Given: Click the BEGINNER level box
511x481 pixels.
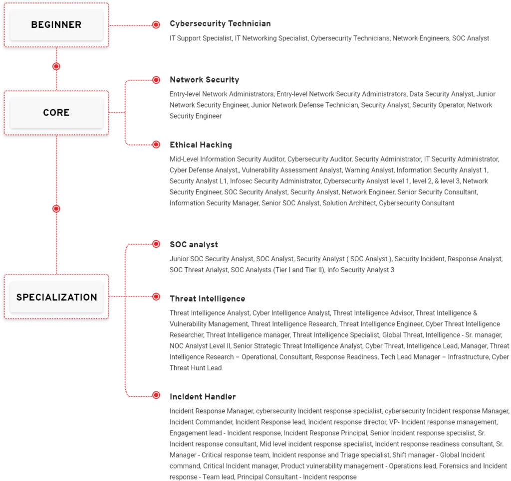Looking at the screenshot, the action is point(56,25).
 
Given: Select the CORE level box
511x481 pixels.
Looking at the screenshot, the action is point(56,113).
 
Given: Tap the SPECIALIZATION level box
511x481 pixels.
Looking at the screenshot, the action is point(56,297).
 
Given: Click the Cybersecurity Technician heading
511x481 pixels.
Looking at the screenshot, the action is point(220,24).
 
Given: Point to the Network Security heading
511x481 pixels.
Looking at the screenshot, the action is point(205,80).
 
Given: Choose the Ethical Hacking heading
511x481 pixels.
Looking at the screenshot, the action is point(201,145).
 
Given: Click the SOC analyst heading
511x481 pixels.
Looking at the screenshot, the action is point(194,244).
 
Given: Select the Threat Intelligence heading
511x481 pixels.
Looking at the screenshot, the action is point(208,299).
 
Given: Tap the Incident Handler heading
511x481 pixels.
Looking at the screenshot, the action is point(203,397).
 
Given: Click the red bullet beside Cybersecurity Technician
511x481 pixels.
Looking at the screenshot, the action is point(156,25).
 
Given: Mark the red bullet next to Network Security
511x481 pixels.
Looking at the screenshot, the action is point(156,80).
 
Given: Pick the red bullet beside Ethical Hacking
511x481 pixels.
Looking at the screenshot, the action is point(156,145).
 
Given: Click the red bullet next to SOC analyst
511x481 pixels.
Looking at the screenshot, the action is point(156,244).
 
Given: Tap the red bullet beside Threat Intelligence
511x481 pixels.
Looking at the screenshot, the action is point(156,297).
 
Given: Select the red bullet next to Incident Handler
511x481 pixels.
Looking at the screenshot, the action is point(156,395).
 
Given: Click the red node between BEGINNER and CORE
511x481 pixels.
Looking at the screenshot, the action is point(56,66).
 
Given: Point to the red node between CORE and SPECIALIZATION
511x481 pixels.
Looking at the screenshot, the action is point(56,209).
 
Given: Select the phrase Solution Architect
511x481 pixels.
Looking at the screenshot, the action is point(349,203).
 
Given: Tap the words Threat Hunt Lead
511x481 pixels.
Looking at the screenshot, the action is point(196,368).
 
